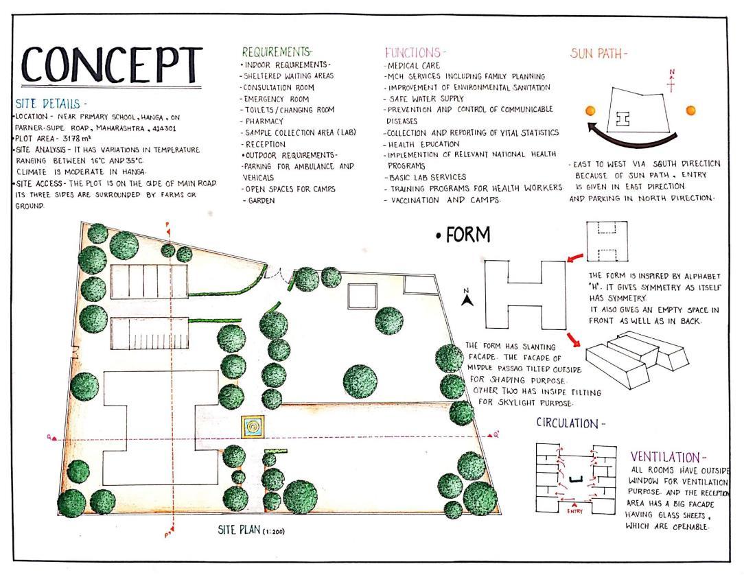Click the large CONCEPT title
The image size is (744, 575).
110,66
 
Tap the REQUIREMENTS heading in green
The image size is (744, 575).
277,52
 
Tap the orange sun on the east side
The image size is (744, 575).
690,110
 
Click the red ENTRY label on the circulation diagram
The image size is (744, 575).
575,512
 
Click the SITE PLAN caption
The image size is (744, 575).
242,530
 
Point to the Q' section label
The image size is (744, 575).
496,434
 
